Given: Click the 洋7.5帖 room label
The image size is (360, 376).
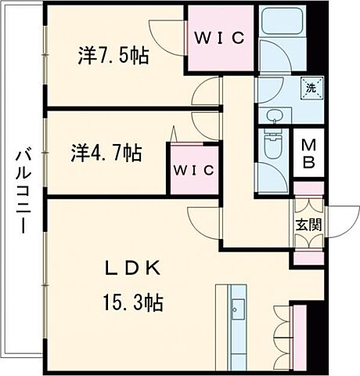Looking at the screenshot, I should coord(113,56).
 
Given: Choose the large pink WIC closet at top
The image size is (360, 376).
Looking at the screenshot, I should coord(221,38).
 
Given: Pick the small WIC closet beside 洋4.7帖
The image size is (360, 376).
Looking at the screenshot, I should coord(191,169).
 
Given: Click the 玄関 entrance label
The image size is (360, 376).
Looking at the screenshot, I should coord(306,223).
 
